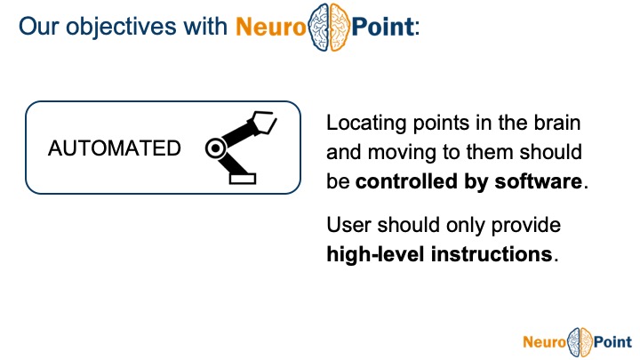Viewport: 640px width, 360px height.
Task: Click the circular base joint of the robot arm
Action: click(214, 149)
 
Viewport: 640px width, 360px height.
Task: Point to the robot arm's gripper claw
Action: click(263, 121)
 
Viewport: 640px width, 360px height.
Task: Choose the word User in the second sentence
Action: click(348, 225)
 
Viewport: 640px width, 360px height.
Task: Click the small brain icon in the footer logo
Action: click(580, 340)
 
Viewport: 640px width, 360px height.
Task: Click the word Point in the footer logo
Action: click(612, 340)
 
